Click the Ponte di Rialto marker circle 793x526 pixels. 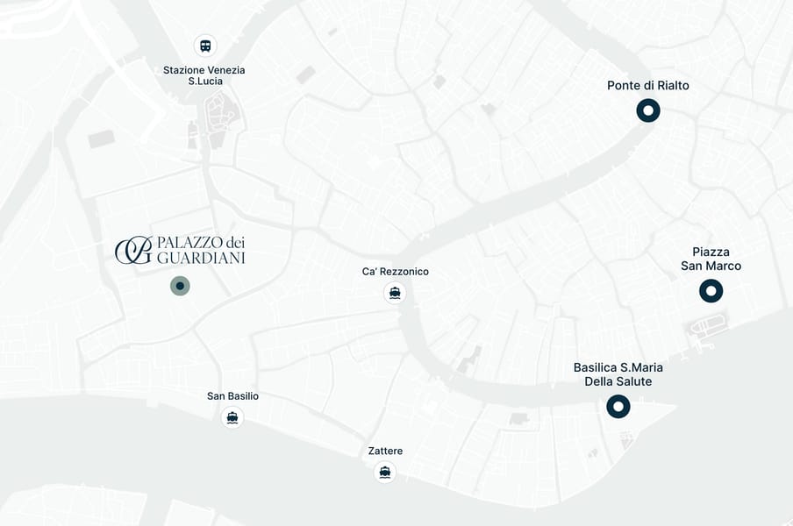648,110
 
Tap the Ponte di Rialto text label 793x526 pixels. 648,86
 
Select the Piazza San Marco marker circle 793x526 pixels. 711,291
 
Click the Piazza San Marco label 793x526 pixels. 711,259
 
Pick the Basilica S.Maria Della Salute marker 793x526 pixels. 618,406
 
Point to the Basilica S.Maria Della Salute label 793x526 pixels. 618,374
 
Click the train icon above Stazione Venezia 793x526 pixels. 205,46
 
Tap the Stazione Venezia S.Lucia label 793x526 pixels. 204,75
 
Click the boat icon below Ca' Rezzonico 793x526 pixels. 395,293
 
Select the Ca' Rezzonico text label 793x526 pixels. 396,272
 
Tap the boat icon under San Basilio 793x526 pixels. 232,417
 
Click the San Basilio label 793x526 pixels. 232,396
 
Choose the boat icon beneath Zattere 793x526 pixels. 385,473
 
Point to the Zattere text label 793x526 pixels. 385,451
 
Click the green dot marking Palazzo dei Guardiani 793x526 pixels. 180,285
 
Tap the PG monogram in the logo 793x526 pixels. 133,250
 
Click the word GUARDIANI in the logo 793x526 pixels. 200,258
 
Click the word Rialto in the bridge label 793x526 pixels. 671,86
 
